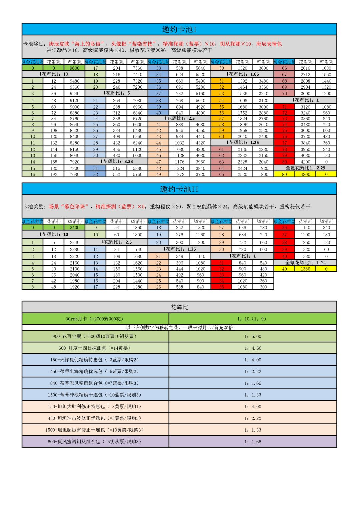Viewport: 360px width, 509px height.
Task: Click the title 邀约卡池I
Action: [x=179, y=29]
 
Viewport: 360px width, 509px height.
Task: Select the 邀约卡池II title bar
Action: [x=179, y=189]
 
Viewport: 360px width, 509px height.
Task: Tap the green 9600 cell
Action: [x=74, y=68]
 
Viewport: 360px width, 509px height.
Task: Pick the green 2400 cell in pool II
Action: [x=74, y=228]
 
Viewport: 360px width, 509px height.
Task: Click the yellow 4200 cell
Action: [x=305, y=174]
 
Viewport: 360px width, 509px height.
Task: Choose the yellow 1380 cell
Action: [x=305, y=269]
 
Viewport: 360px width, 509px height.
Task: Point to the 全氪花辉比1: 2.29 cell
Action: [x=305, y=168]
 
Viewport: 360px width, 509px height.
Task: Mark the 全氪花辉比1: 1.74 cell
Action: [x=305, y=263]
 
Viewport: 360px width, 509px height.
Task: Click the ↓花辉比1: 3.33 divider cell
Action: [x=117, y=162]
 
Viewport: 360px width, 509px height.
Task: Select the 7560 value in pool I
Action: [x=137, y=68]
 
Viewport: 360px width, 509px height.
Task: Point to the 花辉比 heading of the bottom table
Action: [x=179, y=307]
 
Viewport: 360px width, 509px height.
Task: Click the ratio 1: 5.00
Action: [x=253, y=336]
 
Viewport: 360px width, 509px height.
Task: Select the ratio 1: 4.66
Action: [x=253, y=348]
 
